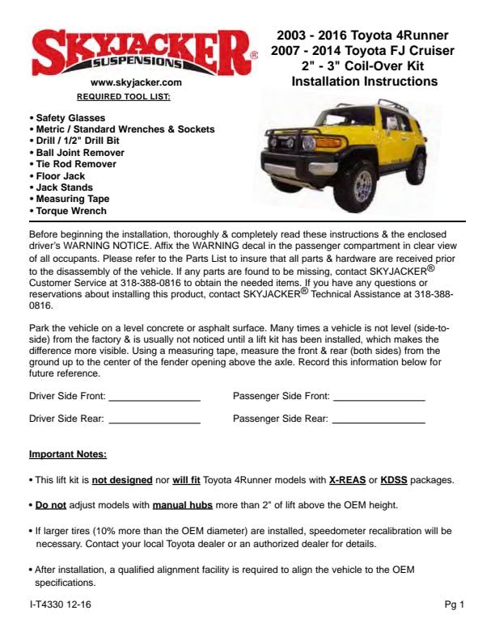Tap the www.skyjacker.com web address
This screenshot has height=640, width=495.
point(136,83)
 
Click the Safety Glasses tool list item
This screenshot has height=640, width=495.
point(70,118)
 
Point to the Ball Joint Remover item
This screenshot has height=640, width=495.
point(79,153)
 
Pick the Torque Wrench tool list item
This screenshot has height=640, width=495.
point(70,211)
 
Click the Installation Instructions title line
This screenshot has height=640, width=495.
point(364,82)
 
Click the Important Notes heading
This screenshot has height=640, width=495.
point(68,454)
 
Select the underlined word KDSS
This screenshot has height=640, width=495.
point(394,480)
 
